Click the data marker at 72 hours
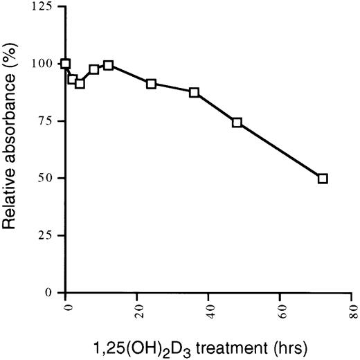tap(323, 179)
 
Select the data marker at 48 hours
tap(237, 123)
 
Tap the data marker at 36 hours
tap(195, 93)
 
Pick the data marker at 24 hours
tap(152, 84)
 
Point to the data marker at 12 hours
tap(109, 65)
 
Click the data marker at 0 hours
tap(66, 64)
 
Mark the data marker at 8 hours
tap(94, 69)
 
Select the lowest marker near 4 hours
tap(80, 84)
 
